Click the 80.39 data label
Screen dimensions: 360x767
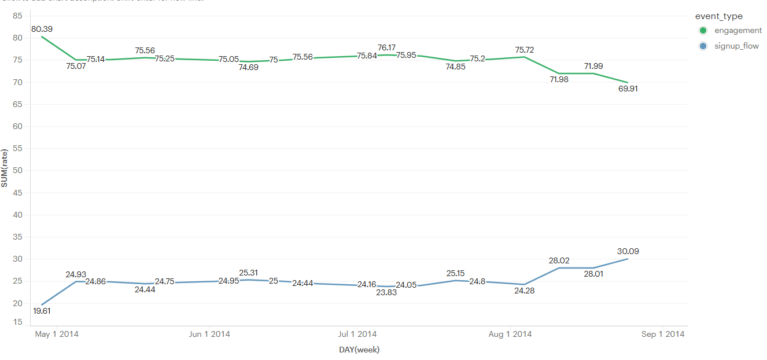coord(43,29)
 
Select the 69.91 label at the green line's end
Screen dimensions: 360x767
coord(628,89)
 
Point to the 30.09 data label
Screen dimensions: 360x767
coord(628,251)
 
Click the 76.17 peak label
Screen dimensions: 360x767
coord(386,47)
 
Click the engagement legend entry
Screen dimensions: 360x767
coord(738,31)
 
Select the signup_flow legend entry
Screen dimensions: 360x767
coord(736,46)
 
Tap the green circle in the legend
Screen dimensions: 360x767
coord(703,31)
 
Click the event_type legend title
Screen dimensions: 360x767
coord(718,16)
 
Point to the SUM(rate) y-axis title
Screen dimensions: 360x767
coord(5,168)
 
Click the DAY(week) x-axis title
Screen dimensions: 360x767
coord(359,350)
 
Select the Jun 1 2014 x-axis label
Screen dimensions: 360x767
coord(209,334)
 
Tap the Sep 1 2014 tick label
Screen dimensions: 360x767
coord(663,334)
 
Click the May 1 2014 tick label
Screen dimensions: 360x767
coord(57,334)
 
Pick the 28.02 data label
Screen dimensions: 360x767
coord(559,261)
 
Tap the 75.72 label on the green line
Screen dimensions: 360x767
coord(523,50)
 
